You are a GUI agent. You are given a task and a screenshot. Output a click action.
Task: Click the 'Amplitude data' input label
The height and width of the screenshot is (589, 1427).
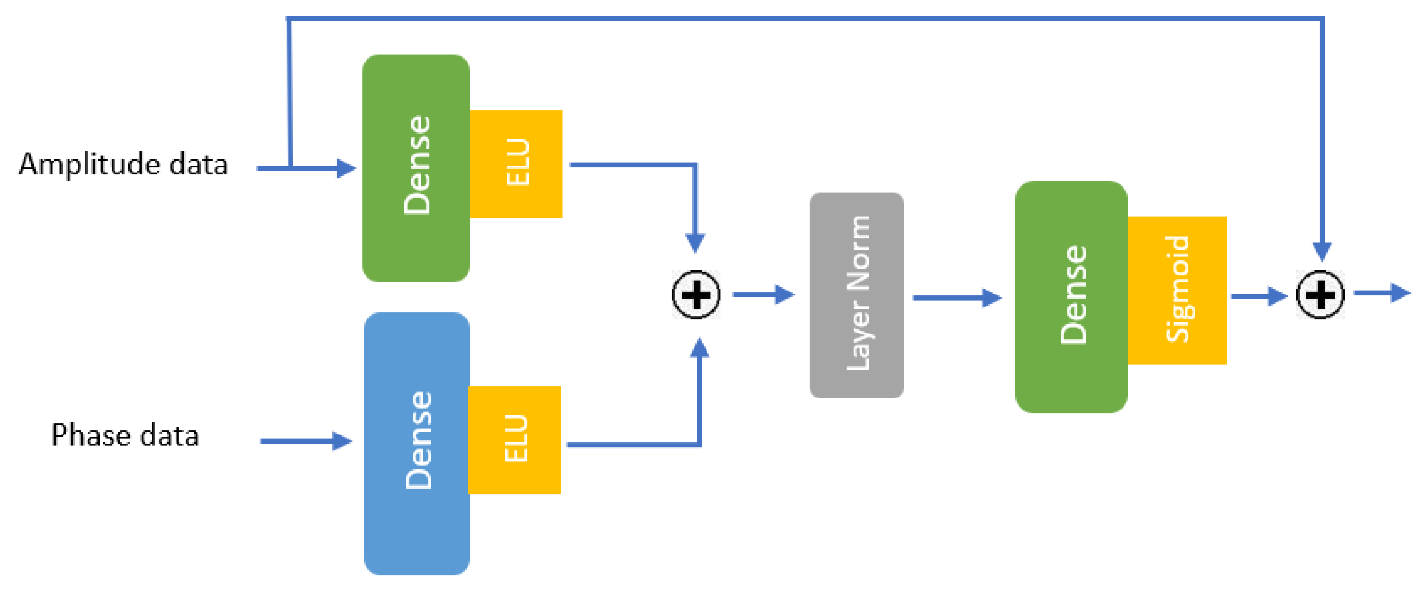[x=123, y=165]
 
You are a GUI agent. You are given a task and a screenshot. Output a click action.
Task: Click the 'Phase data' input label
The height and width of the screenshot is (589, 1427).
[x=125, y=435]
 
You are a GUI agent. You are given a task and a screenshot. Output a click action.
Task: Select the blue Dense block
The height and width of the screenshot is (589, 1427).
[x=417, y=443]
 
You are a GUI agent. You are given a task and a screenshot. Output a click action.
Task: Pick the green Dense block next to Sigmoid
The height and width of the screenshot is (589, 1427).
[x=1071, y=296]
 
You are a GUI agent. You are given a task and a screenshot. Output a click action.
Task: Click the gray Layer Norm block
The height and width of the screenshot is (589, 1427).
[x=857, y=295]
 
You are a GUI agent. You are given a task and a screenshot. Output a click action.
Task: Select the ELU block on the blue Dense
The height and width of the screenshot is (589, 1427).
[x=515, y=440]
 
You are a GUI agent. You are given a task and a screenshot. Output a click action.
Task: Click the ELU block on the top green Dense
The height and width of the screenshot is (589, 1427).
[x=516, y=164]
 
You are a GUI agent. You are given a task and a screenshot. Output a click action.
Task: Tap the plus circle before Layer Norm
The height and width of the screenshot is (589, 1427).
[x=696, y=294]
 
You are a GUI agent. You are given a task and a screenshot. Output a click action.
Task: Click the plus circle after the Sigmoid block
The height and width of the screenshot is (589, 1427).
[x=1320, y=294]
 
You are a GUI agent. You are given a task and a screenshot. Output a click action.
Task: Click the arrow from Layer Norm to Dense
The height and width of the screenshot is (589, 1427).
[x=957, y=297]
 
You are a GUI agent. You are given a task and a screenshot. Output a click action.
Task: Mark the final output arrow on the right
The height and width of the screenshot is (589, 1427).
[x=1382, y=293]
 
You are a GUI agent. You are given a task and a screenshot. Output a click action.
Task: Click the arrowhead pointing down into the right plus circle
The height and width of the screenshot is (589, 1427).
[x=1322, y=251]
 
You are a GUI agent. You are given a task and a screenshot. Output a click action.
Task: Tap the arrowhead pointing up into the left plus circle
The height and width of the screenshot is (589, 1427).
[x=700, y=347]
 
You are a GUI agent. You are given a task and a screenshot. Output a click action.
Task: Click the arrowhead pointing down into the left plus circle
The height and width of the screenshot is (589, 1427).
[x=695, y=243]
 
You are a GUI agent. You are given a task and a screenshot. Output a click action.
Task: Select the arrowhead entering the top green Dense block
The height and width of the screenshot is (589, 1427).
[x=346, y=168]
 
